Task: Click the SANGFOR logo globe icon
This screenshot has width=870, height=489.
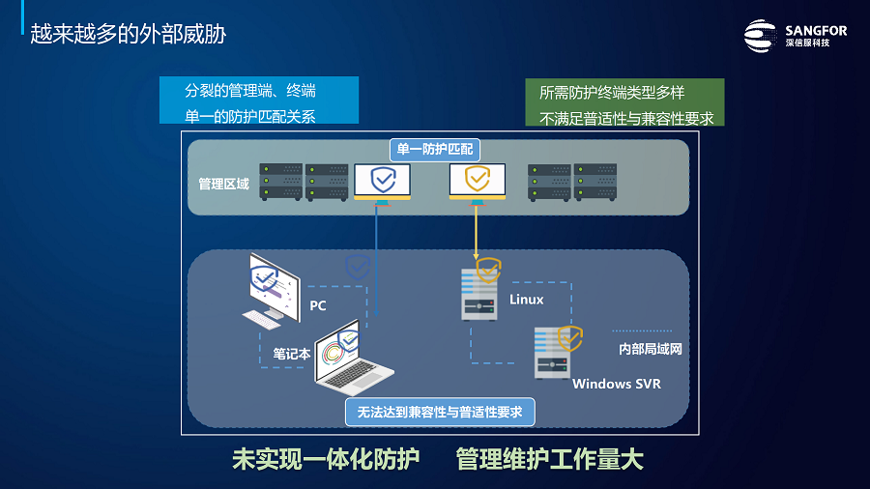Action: (760, 36)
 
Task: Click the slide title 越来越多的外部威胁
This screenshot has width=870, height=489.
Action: (129, 34)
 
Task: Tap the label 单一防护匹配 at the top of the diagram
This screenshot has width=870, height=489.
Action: (435, 149)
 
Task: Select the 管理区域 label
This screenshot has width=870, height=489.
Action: (223, 184)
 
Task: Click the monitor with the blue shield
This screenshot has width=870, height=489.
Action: (382, 184)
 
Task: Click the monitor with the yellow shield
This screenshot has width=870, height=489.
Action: (478, 184)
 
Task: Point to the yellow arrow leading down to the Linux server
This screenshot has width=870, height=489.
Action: (476, 232)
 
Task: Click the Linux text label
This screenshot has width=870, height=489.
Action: (527, 300)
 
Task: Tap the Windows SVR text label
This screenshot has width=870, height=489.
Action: (617, 384)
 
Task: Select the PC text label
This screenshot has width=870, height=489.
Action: (318, 305)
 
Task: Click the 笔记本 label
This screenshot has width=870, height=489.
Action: (292, 354)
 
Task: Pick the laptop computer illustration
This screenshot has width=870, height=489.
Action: (353, 358)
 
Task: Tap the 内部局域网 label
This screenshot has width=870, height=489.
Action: (651, 349)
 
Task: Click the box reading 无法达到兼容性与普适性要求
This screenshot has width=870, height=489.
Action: (440, 412)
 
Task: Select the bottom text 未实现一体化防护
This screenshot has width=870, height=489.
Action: (326, 460)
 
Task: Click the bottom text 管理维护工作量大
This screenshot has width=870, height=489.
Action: (550, 460)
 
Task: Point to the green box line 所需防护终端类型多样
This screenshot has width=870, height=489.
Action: (612, 93)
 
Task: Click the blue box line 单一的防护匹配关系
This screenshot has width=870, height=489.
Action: (250, 116)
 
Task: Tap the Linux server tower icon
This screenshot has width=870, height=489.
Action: (479, 294)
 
